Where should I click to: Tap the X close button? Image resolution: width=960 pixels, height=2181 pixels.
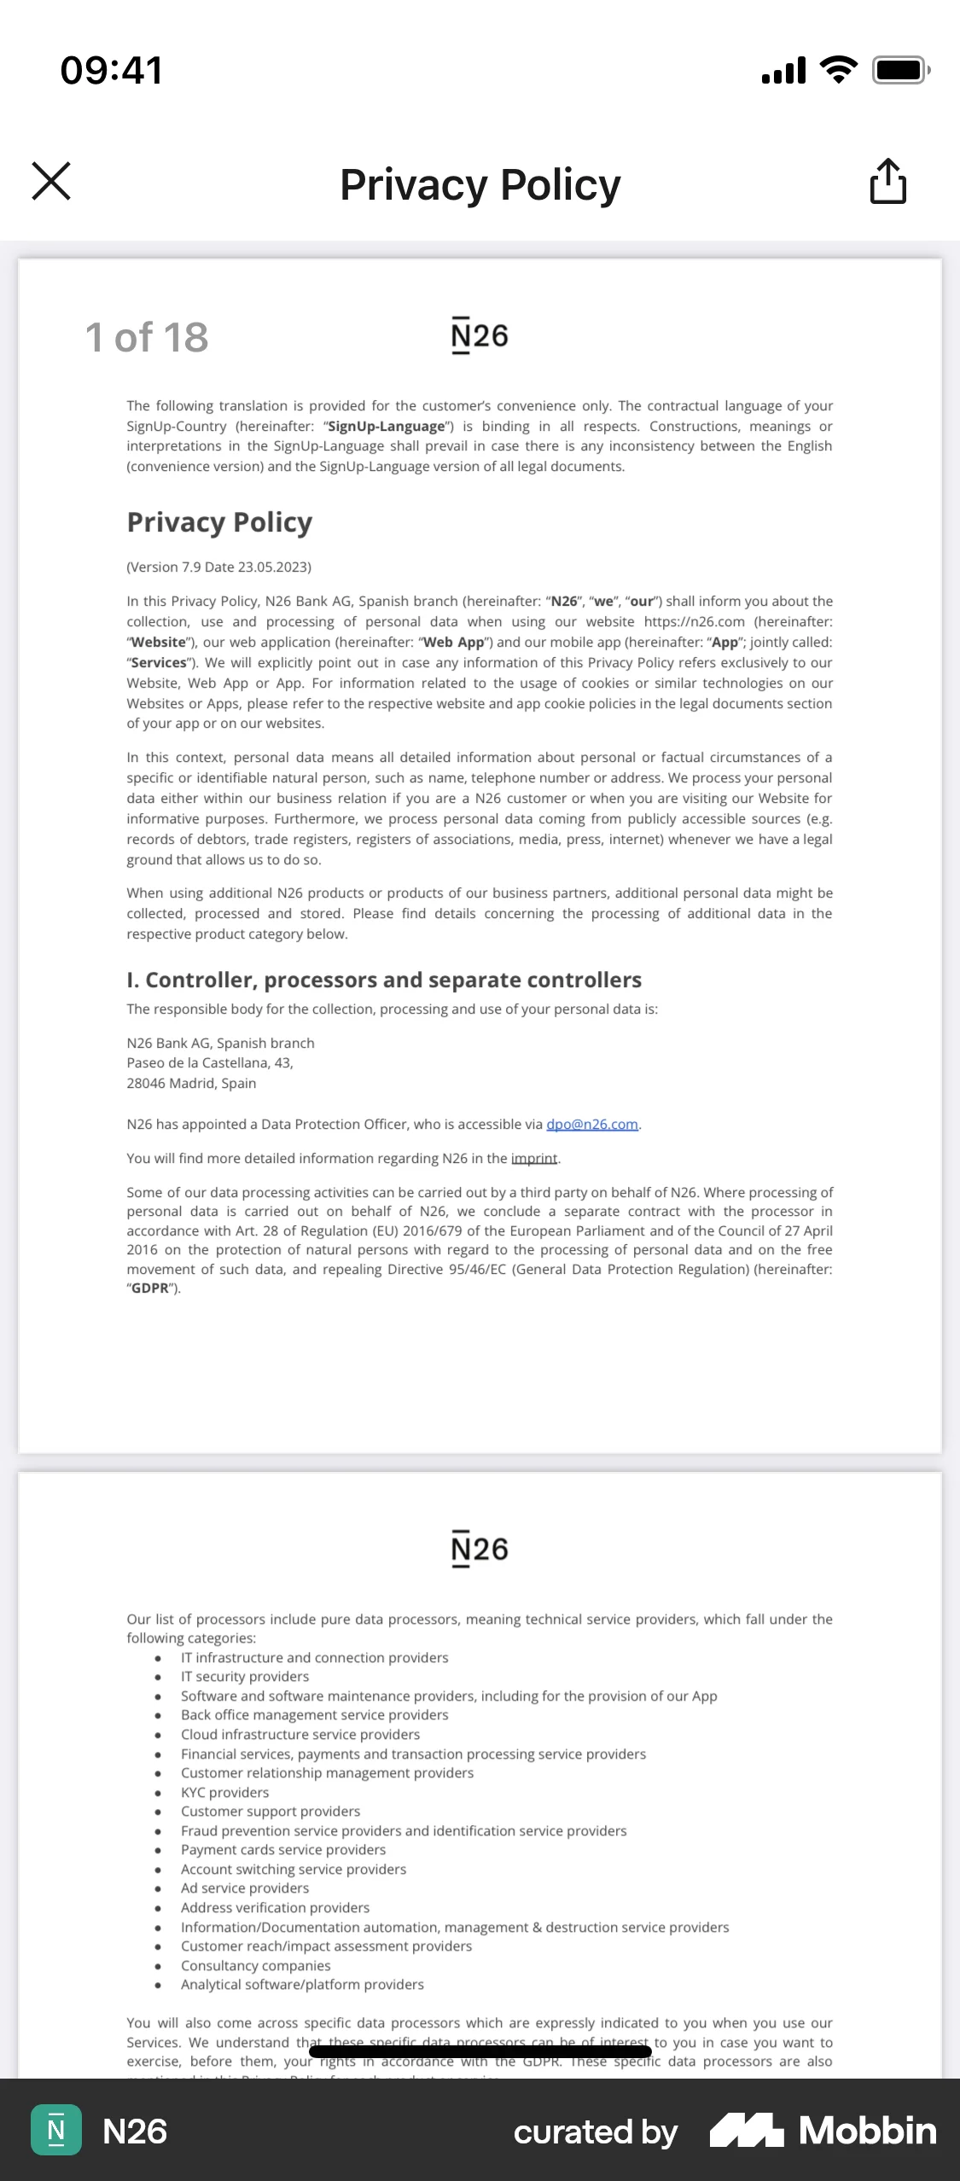pyautogui.click(x=51, y=181)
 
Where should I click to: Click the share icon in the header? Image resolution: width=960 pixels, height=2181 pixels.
pyautogui.click(x=887, y=181)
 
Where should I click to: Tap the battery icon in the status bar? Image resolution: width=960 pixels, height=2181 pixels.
pyautogui.click(x=899, y=70)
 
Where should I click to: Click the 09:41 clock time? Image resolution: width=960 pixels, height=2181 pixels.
pyautogui.click(x=111, y=70)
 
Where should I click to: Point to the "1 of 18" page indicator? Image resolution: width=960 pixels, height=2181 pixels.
pyautogui.click(x=147, y=337)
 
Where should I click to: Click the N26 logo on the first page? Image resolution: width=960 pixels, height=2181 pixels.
pyautogui.click(x=480, y=335)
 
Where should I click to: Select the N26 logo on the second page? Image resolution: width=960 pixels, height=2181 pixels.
pyautogui.click(x=480, y=1549)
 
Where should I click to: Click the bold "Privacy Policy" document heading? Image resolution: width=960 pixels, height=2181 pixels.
pyautogui.click(x=219, y=521)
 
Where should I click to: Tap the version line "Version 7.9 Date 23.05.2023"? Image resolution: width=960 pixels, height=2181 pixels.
pyautogui.click(x=218, y=567)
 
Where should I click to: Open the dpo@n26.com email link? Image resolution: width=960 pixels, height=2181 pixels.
pyautogui.click(x=592, y=1124)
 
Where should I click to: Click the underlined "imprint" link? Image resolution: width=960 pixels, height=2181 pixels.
pyautogui.click(x=534, y=1158)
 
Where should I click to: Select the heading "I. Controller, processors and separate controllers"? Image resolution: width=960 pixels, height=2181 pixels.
pyautogui.click(x=384, y=980)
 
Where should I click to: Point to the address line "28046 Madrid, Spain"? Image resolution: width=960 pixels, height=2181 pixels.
pyautogui.click(x=191, y=1083)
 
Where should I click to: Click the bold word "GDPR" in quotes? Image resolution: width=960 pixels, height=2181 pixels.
pyautogui.click(x=150, y=1288)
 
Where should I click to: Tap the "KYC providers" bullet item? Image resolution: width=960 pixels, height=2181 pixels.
pyautogui.click(x=224, y=1792)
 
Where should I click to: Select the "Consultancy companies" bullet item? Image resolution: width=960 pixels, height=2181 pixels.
pyautogui.click(x=255, y=1965)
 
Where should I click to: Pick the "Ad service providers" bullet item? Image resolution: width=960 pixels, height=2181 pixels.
pyautogui.click(x=245, y=1888)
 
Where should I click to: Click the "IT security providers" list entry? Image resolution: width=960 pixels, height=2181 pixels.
pyautogui.click(x=245, y=1677)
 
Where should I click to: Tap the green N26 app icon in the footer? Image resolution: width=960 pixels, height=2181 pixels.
pyautogui.click(x=56, y=2131)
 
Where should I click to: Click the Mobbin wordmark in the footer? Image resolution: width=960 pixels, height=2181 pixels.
pyautogui.click(x=867, y=2131)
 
